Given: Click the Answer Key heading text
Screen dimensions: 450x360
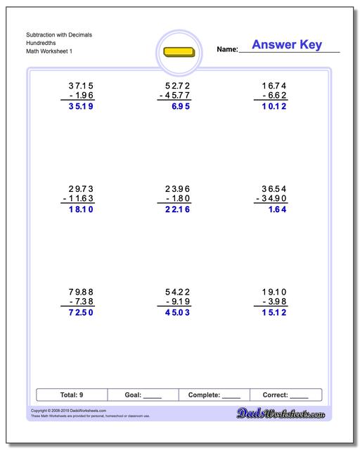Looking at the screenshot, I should point(287,45).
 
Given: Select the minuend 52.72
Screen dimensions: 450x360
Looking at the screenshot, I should point(175,85).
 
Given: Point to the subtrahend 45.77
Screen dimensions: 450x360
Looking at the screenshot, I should point(175,96).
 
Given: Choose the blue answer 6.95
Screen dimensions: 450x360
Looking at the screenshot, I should point(181,108).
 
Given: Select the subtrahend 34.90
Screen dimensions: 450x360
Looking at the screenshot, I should point(271,200).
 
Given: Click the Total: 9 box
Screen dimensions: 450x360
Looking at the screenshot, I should point(72,395).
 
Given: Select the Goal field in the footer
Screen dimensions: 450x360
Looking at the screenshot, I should point(143,395).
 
